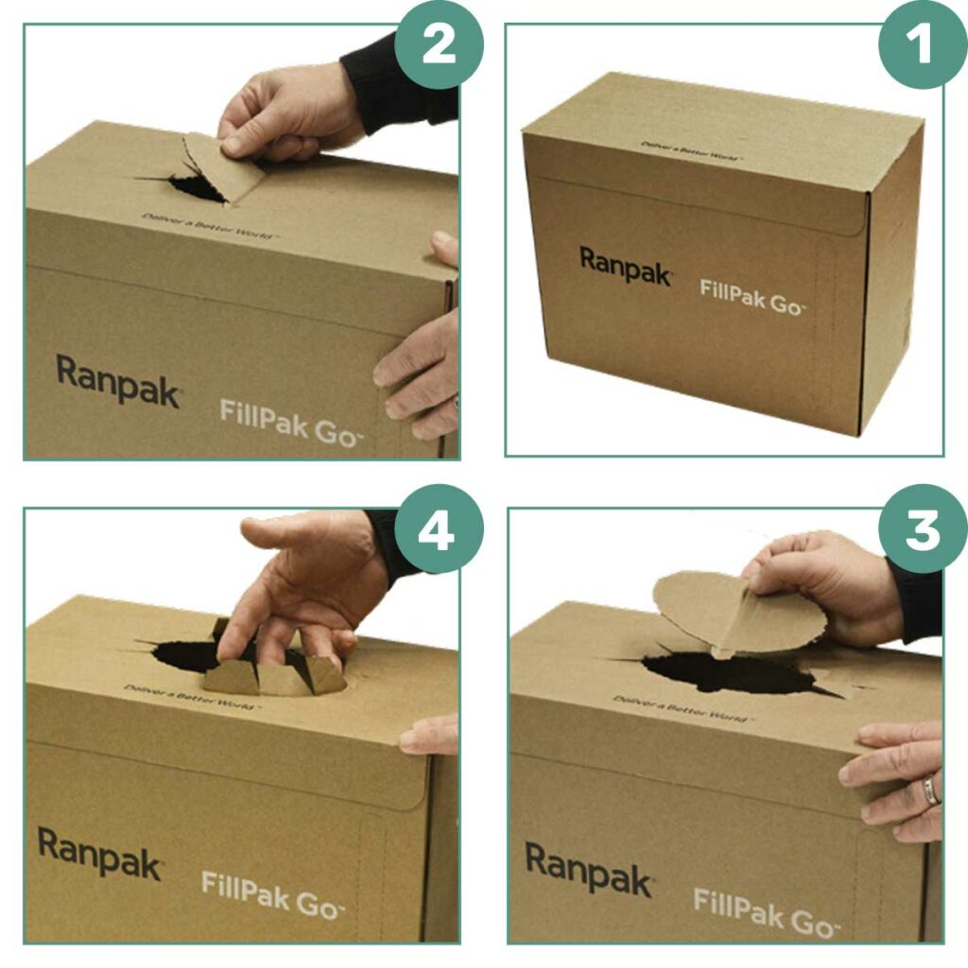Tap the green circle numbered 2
tap(439, 44)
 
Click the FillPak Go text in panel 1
tap(752, 296)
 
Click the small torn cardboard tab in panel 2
tap(223, 166)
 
